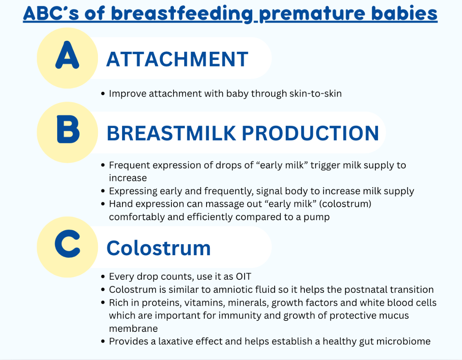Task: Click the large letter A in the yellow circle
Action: click(x=67, y=55)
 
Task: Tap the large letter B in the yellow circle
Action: click(x=68, y=129)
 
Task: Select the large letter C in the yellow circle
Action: click(x=67, y=244)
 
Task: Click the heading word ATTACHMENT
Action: click(x=177, y=59)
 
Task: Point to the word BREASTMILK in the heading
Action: click(x=171, y=133)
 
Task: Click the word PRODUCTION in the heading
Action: click(x=311, y=133)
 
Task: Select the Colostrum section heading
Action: click(x=158, y=248)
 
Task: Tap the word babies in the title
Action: click(x=404, y=13)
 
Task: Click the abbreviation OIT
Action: click(x=243, y=277)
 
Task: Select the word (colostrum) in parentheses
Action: click(x=345, y=204)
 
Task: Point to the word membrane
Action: click(x=133, y=329)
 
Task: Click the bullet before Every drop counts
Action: click(x=103, y=277)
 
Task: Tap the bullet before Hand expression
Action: click(x=103, y=204)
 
